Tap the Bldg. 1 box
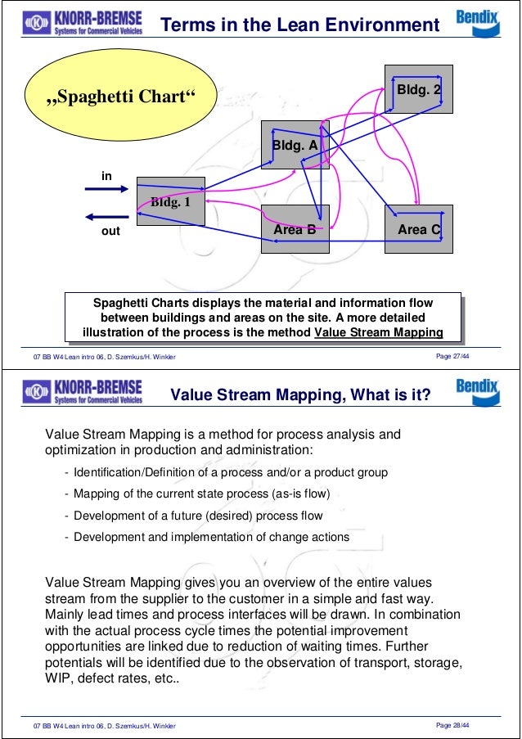coord(170,201)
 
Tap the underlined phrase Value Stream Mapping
coord(378,332)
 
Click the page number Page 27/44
coord(461,356)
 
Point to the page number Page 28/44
coord(461,726)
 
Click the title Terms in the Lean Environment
coord(299,26)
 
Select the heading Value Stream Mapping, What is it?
coord(299,396)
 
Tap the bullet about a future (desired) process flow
coord(198,516)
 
